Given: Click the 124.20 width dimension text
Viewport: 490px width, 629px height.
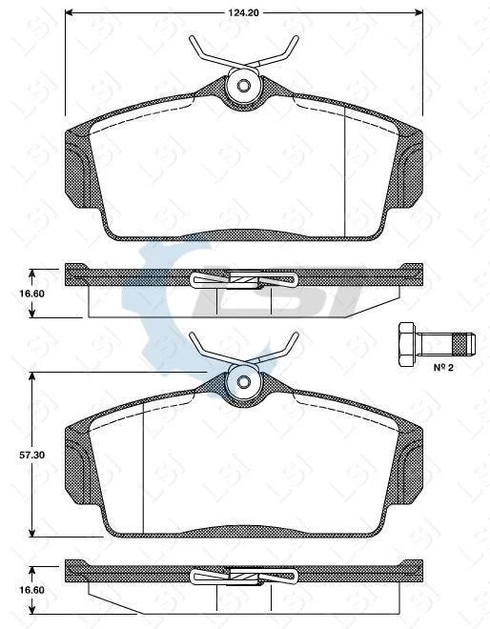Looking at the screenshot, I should click(x=245, y=13).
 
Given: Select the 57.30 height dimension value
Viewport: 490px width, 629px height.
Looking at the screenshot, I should click(x=33, y=457).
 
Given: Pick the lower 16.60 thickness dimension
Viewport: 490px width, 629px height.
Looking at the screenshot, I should click(x=33, y=590).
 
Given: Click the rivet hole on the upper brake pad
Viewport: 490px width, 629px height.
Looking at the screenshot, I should click(x=244, y=87).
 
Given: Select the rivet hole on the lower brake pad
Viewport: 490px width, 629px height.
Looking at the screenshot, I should click(x=244, y=382).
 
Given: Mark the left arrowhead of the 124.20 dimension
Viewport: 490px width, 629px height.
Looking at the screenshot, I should click(x=70, y=13).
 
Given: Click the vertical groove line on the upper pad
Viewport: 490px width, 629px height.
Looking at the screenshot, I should click(x=344, y=167).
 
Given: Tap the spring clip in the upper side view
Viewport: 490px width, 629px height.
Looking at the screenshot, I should click(x=244, y=279).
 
